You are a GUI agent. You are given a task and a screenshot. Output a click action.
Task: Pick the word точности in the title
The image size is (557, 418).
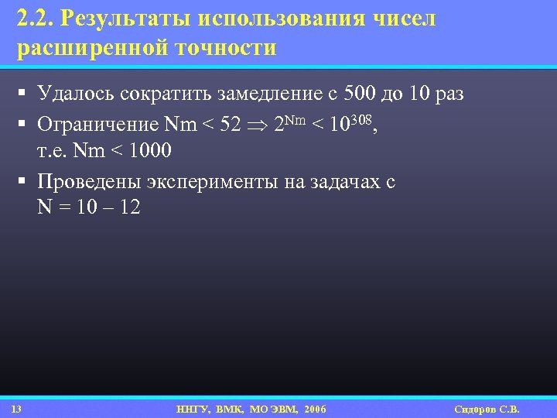click(x=224, y=48)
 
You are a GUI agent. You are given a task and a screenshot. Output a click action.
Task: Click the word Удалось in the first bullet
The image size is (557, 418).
click(x=75, y=94)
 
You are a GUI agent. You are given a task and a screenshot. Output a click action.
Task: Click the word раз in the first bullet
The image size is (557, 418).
click(x=448, y=94)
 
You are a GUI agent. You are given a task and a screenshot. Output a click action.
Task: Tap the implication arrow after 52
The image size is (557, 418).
click(x=259, y=125)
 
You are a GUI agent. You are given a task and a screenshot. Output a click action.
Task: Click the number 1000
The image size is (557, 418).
click(x=151, y=149)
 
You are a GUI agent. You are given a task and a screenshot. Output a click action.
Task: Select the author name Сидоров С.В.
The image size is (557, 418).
click(x=487, y=409)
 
